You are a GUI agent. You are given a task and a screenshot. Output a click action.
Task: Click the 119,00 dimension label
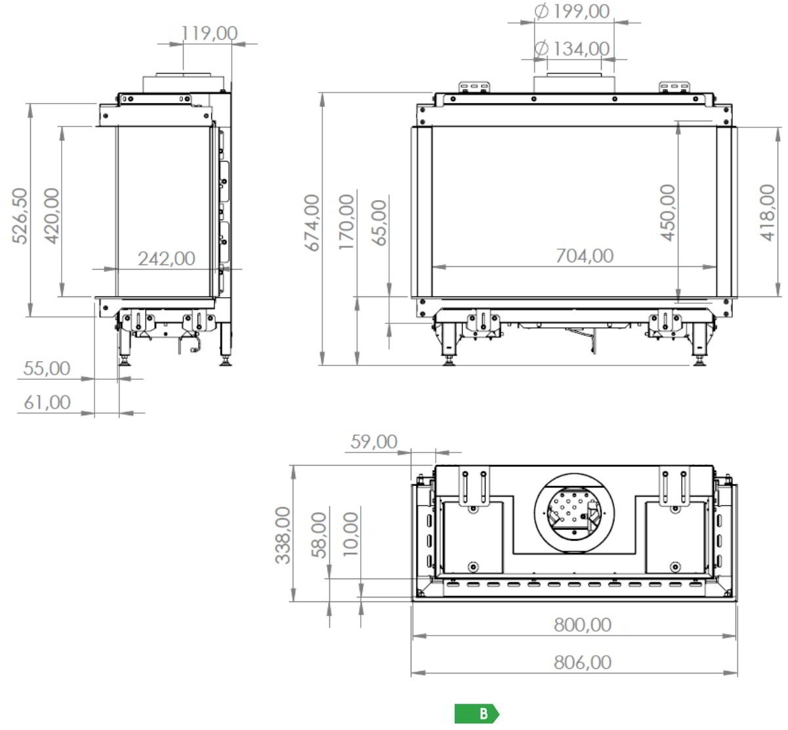(209, 33)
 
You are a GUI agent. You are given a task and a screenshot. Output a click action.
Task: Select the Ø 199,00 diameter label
(571, 11)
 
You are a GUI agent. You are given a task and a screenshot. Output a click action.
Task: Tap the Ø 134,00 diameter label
(571, 49)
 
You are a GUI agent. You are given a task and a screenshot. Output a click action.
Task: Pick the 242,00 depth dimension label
(167, 258)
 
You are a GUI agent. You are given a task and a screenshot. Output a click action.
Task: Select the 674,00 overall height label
(312, 222)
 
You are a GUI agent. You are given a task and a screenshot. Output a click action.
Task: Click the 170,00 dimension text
(346, 222)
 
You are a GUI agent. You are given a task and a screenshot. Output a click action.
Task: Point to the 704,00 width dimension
(585, 256)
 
